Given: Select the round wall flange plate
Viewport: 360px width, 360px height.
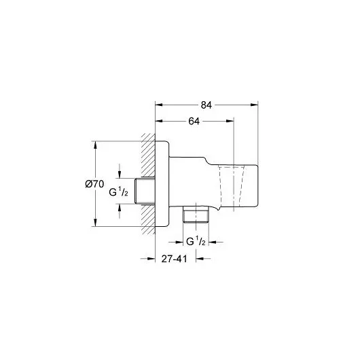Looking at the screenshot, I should tap(162, 184).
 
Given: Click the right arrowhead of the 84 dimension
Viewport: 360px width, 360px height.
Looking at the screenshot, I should tap(255, 105).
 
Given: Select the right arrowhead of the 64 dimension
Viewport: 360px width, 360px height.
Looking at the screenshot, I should tap(230, 122).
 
